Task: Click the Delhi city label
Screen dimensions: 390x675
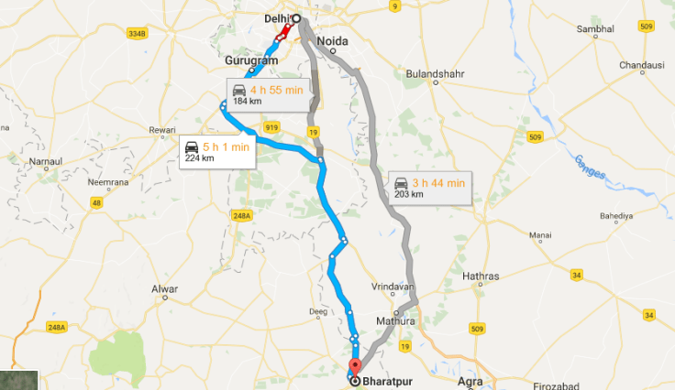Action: pyautogui.click(x=272, y=16)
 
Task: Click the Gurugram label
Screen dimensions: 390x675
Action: pyautogui.click(x=245, y=60)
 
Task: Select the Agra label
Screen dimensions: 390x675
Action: pyautogui.click(x=469, y=378)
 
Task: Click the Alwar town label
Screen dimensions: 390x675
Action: pyautogui.click(x=164, y=290)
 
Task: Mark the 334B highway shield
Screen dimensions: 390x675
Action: pyautogui.click(x=137, y=34)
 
